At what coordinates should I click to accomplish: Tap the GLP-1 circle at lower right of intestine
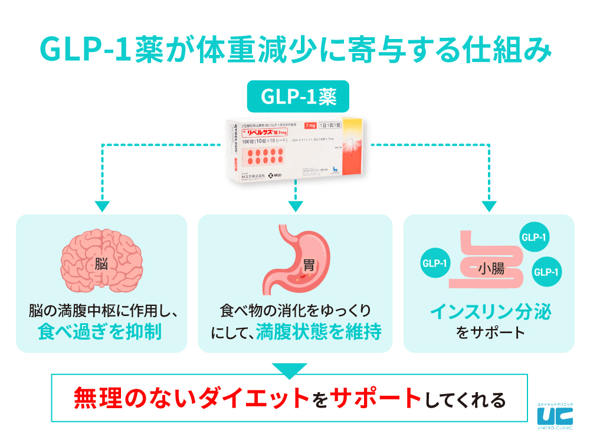546,272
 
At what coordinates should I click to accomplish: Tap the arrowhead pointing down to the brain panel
102,206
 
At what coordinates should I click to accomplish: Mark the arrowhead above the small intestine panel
489,206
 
